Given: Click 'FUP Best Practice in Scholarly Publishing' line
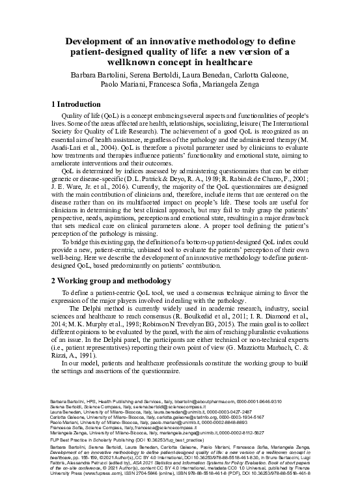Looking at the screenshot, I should click(x=98, y=438).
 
